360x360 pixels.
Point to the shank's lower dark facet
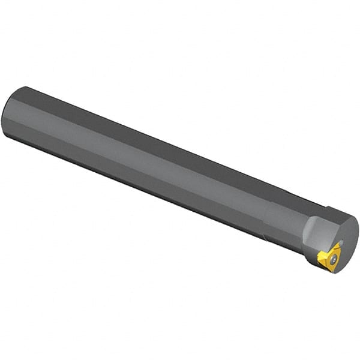coord(150,180)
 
